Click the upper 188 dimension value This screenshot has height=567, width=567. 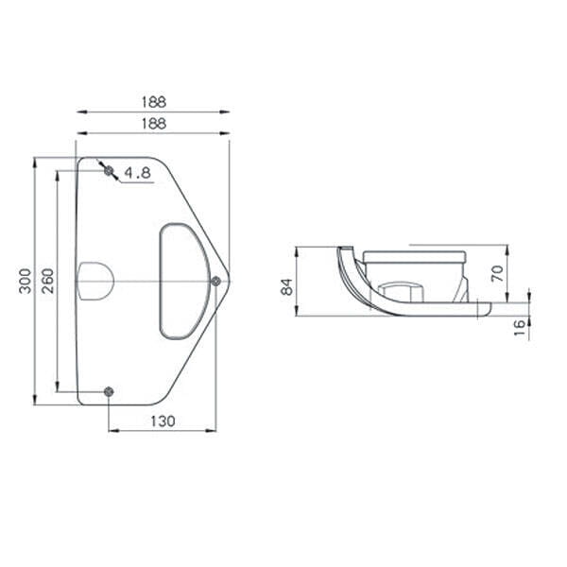click(x=154, y=102)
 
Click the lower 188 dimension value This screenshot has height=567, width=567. click(x=154, y=124)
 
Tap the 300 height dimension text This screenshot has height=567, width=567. click(x=26, y=281)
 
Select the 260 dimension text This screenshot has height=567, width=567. click(x=47, y=281)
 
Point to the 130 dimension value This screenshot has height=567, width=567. click(x=163, y=421)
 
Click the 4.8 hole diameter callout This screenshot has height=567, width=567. click(x=137, y=173)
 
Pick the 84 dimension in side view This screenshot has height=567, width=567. click(x=287, y=287)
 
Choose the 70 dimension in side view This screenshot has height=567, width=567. click(x=498, y=273)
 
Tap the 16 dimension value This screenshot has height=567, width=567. click(x=520, y=328)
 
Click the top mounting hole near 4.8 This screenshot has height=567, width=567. click(x=109, y=170)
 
